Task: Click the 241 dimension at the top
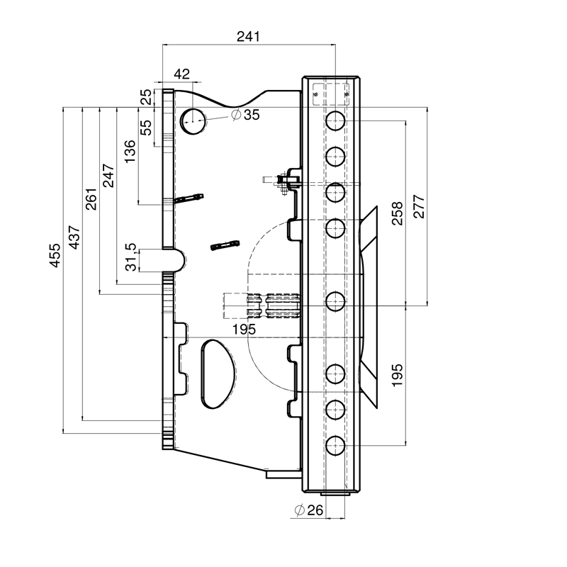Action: (x=248, y=37)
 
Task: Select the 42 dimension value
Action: (x=181, y=74)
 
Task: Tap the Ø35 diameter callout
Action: (x=245, y=115)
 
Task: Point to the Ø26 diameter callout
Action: (x=309, y=510)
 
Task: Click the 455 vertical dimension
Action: (x=55, y=255)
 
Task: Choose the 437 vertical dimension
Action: (x=74, y=237)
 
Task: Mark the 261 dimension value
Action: (x=91, y=199)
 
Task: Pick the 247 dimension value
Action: (x=108, y=175)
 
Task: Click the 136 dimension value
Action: (x=130, y=152)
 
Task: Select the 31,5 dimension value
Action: (x=131, y=257)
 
